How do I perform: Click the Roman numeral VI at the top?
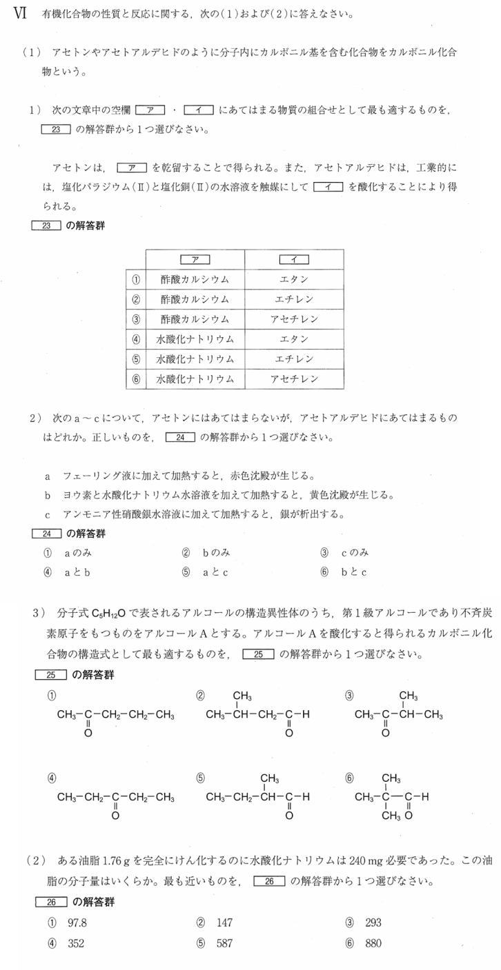(19, 14)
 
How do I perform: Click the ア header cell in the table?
(195, 260)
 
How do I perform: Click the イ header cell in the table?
(294, 260)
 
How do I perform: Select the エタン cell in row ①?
(294, 280)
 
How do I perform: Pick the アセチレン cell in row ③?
(294, 319)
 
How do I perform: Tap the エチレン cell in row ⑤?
(294, 359)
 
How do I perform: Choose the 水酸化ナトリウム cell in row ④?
(195, 339)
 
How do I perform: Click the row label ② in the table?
(136, 300)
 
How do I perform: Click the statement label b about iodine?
(48, 495)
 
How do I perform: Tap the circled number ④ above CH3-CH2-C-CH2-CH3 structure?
(52, 778)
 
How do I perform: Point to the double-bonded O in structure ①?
(88, 734)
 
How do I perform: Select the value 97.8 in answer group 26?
(77, 922)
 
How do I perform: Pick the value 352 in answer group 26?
(75, 943)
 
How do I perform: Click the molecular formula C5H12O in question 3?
(108, 614)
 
